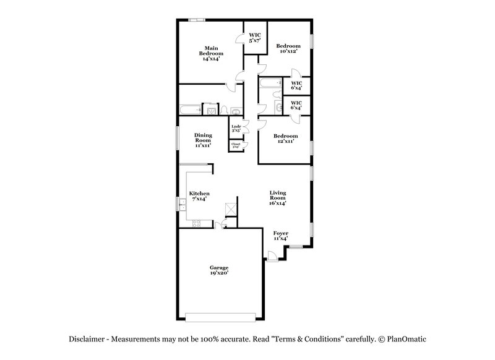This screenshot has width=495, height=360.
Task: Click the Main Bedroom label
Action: pos(211,50)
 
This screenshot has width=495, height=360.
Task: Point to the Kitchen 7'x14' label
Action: pos(199,195)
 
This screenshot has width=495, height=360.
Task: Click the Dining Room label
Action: pos(204,140)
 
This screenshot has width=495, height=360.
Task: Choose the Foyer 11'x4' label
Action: pos(281,236)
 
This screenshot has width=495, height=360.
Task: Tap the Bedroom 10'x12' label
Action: pos(288,48)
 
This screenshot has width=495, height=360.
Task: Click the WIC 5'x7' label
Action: pos(254,38)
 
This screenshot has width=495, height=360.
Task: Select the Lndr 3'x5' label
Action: pos(236,129)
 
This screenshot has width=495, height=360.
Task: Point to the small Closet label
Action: pos(236,145)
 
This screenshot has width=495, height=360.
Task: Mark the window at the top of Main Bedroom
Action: pos(197,20)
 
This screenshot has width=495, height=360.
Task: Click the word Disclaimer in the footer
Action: pos(87,340)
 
